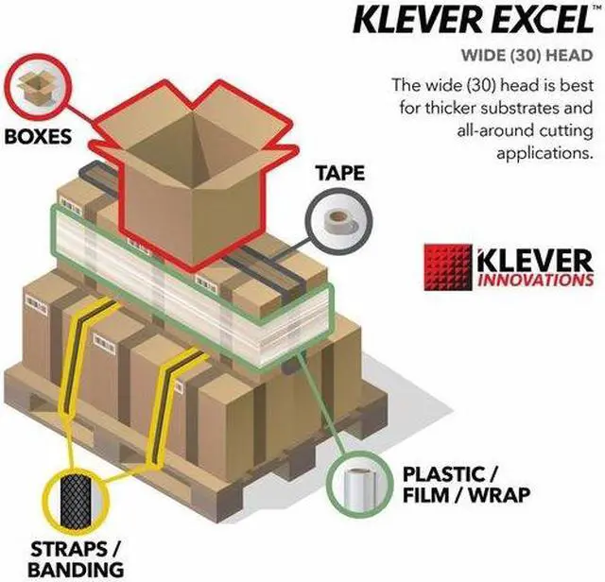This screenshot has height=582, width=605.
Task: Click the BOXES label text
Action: (38, 135)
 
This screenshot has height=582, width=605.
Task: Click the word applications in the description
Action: (547, 151)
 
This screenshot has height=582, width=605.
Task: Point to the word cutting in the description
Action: (565, 129)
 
